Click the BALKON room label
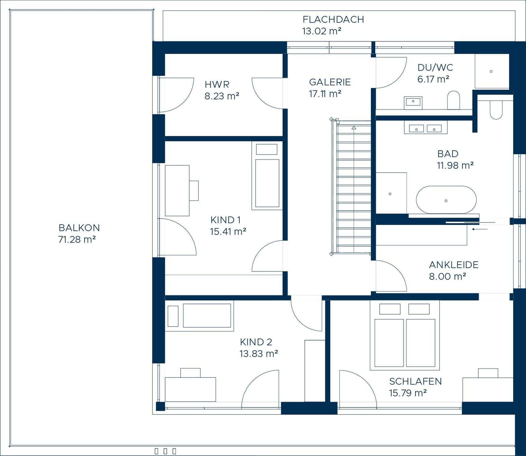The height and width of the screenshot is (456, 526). coord(79,228)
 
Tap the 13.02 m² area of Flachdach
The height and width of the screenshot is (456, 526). coord(321,31)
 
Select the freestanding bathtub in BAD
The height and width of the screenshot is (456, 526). coord(446,200)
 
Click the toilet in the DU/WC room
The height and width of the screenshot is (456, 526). coord(453,100)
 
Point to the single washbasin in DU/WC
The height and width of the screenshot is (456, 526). coord(413,102)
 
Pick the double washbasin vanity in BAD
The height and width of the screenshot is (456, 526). coord(425,128)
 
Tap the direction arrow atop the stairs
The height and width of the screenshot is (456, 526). coord(354,128)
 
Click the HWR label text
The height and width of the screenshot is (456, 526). coord(217,84)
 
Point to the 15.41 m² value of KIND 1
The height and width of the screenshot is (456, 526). coord(228,232)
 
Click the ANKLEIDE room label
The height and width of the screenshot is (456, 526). coord(454,265)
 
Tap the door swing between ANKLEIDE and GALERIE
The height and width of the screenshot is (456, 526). coord(393,275)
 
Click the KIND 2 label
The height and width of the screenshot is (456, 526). coord(256,342)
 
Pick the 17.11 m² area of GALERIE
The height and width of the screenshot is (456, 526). coord(325,94)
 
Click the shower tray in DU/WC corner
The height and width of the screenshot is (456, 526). coord(491,71)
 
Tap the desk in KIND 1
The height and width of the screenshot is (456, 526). coord(177,191)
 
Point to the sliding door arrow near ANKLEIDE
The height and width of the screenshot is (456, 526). coord(480,229)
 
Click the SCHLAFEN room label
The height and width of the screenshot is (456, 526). coord(415,381)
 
